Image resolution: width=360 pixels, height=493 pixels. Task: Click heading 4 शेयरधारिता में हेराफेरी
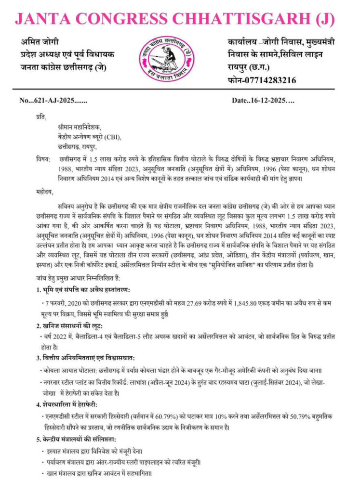(70, 402)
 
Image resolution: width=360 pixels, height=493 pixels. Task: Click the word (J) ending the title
(324, 19)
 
